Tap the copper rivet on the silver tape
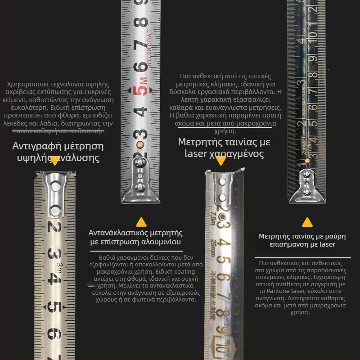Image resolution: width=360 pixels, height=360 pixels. pos(140,144)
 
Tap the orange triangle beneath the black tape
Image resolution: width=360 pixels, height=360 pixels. pos(307,222)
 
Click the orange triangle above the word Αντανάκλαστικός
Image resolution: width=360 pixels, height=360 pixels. pos(141,222)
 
